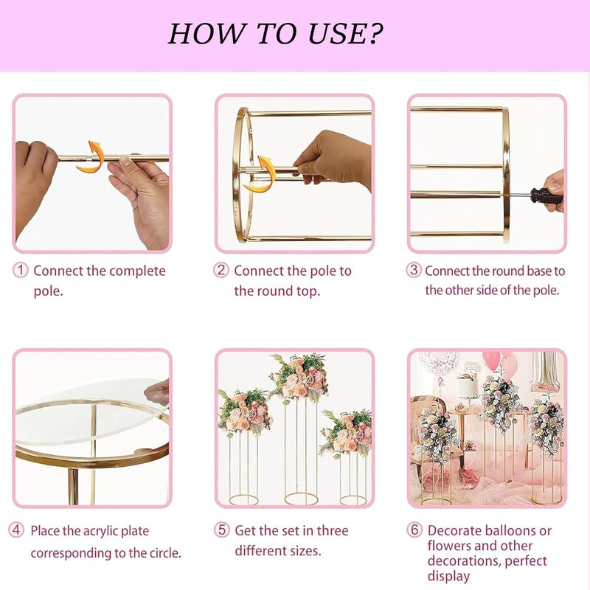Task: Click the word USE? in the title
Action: coord(345,33)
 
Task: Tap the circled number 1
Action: coord(21,270)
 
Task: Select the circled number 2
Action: coord(221,270)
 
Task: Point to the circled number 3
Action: coord(414,270)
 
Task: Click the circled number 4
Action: coord(16,530)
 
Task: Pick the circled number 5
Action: coord(222,530)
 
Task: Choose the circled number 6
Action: coord(414,530)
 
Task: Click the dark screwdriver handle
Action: coord(546,196)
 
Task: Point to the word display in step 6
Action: coord(448,576)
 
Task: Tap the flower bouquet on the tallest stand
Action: coord(299,377)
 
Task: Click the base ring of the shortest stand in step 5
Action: coord(353,500)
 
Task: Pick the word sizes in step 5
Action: coord(302,550)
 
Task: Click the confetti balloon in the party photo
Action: coord(439,362)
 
